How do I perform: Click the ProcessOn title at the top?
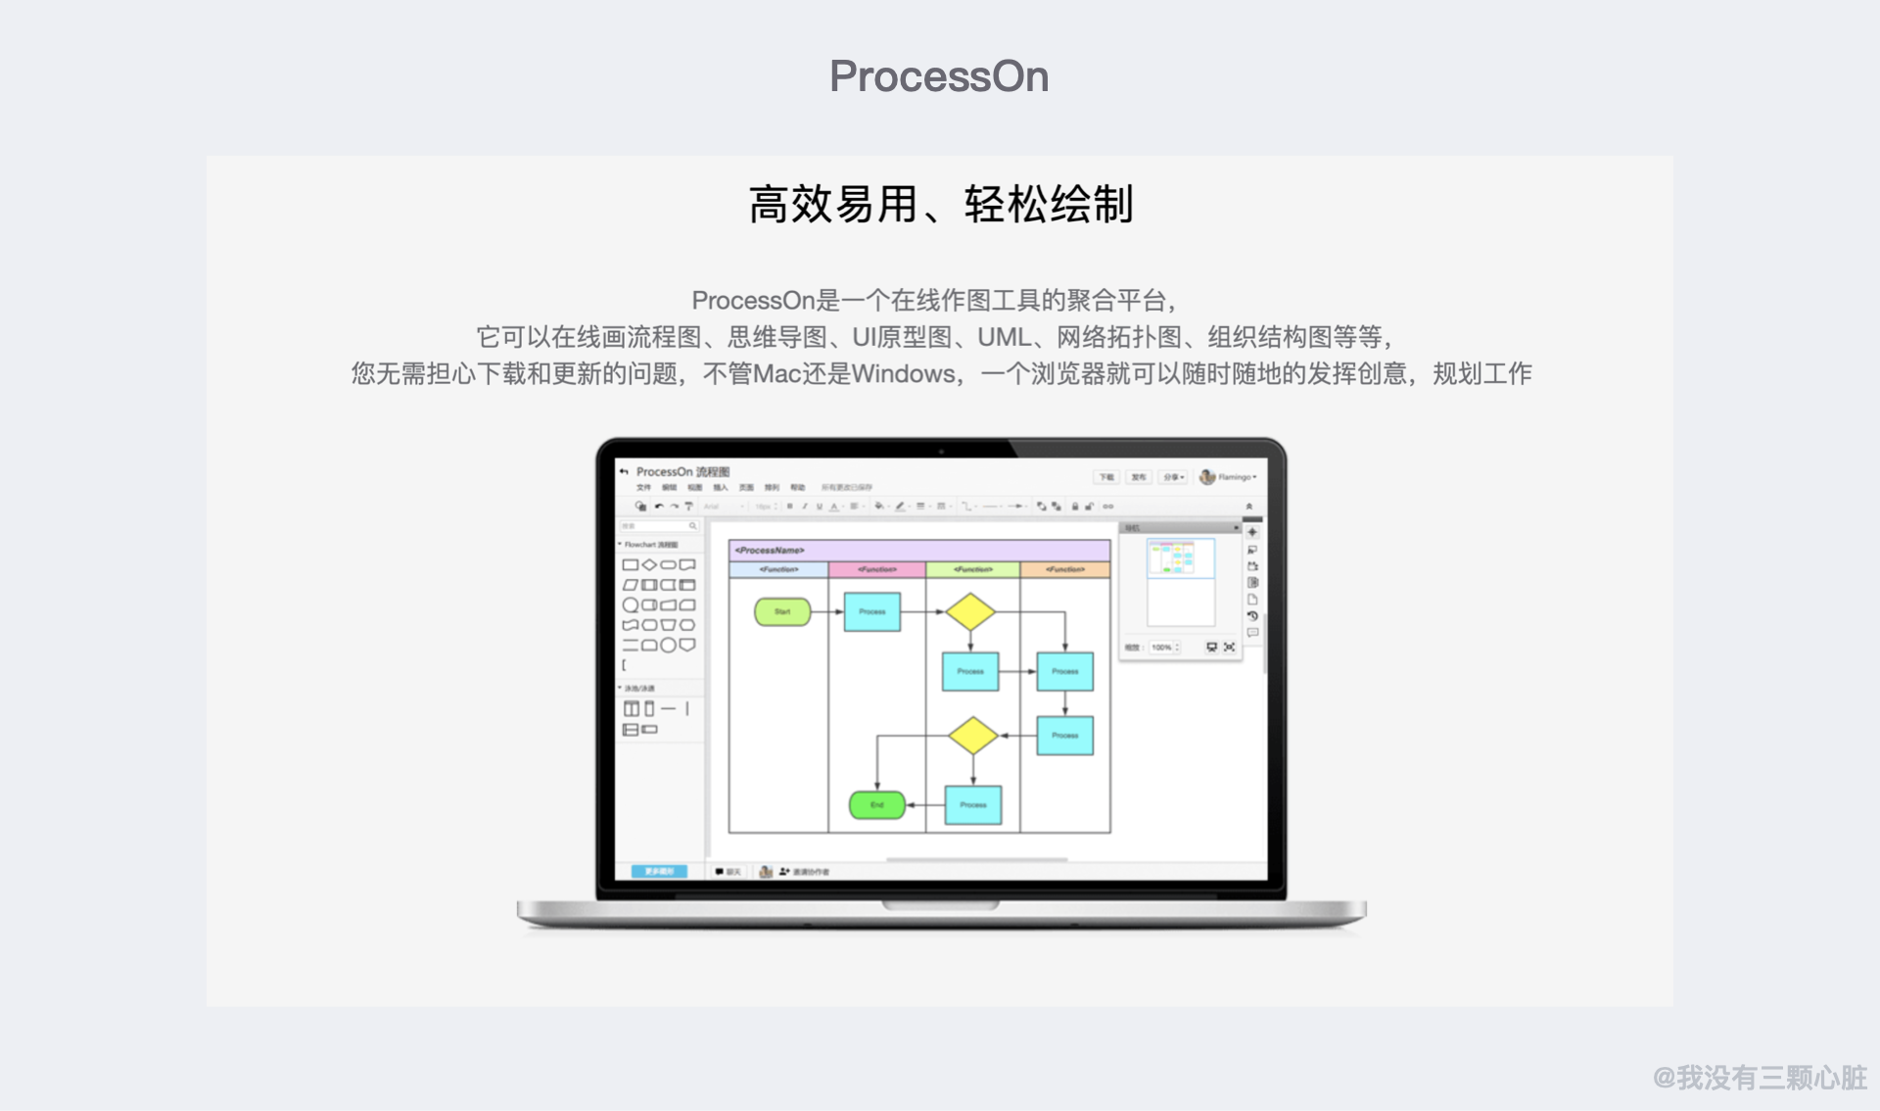pyautogui.click(x=939, y=76)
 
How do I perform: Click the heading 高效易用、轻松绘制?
pyautogui.click(x=940, y=205)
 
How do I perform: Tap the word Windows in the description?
pyautogui.click(x=902, y=373)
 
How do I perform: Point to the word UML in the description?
pyautogui.click(x=1004, y=337)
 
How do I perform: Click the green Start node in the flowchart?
pyautogui.click(x=782, y=611)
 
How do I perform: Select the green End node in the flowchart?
pyautogui.click(x=876, y=804)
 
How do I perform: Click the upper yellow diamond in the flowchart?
pyautogui.click(x=970, y=611)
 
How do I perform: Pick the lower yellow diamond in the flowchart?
pyautogui.click(x=972, y=735)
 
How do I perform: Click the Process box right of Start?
pyautogui.click(x=871, y=611)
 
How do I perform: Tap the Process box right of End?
pyautogui.click(x=972, y=804)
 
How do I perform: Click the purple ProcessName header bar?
pyautogui.click(x=918, y=550)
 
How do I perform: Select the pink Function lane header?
pyautogui.click(x=876, y=569)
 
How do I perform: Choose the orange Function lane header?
pyautogui.click(x=1064, y=569)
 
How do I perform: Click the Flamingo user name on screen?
pyautogui.click(x=1235, y=477)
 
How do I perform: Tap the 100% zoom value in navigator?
pyautogui.click(x=1162, y=648)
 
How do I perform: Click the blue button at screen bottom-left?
pyautogui.click(x=659, y=871)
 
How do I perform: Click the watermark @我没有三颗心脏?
pyautogui.click(x=1760, y=1078)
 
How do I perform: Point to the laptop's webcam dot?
pyautogui.click(x=941, y=452)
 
